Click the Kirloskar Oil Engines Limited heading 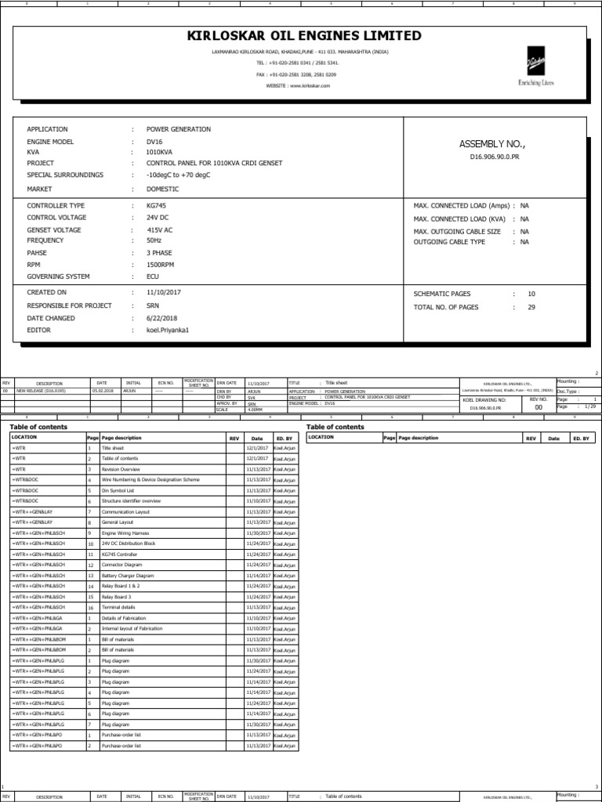tap(304, 36)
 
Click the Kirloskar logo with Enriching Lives tap(535, 70)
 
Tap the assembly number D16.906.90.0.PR tap(494, 157)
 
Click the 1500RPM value tap(161, 265)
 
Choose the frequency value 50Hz tap(154, 240)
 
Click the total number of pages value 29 tap(531, 307)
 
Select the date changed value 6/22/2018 tap(162, 319)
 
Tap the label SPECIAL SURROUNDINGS tap(65, 175)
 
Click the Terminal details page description tap(118, 608)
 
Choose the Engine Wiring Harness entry tap(125, 533)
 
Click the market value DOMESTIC tap(162, 190)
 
